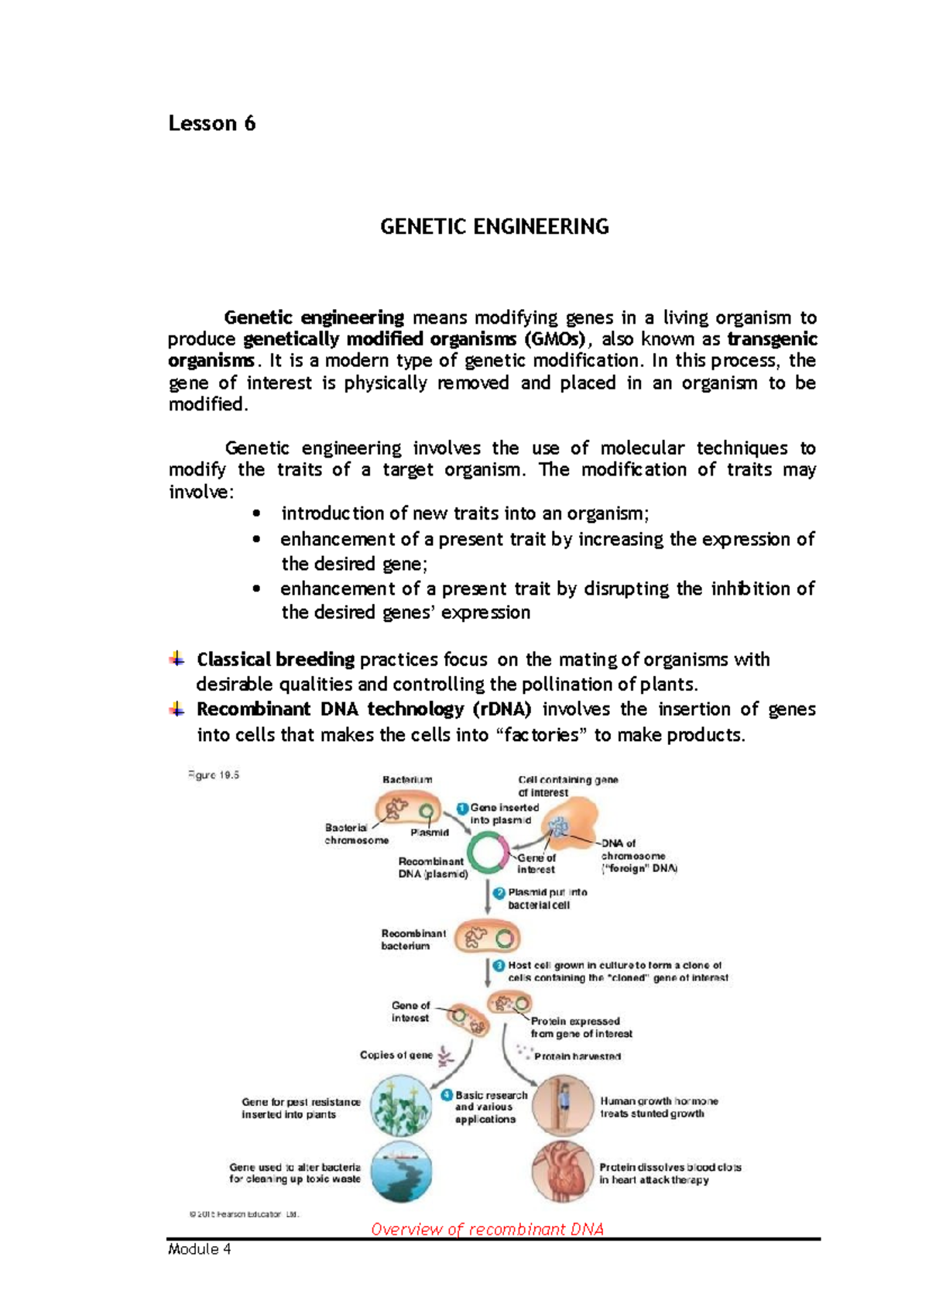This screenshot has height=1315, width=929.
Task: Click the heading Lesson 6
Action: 211,124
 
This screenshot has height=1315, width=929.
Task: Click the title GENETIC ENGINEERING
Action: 494,227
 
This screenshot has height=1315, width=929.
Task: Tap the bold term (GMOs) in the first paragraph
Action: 554,339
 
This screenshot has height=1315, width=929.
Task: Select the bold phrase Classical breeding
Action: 276,660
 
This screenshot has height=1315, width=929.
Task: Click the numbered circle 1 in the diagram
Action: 462,809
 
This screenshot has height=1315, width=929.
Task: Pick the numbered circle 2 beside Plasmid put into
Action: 499,893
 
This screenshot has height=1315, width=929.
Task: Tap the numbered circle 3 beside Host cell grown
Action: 499,966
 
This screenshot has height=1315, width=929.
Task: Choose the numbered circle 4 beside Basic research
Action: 447,1096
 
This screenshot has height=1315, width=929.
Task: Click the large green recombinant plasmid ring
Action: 487,853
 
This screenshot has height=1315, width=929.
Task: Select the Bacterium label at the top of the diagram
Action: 407,780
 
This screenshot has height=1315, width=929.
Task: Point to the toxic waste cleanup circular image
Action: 400,1172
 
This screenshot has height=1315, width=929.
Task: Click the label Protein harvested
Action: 577,1056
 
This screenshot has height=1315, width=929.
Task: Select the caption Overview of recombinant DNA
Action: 487,1229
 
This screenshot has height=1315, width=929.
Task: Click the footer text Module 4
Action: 200,1249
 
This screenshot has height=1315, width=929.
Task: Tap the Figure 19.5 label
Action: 214,775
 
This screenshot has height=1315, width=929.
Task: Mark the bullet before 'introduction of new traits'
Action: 257,513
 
